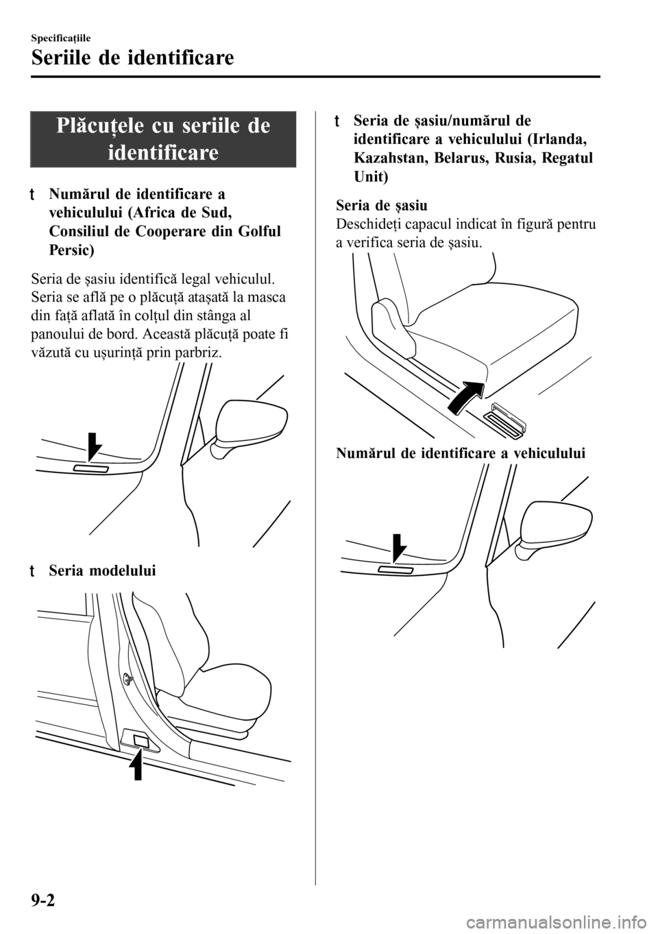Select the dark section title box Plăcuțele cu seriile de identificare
(163, 139)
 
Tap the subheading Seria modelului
(102, 571)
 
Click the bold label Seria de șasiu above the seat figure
(382, 205)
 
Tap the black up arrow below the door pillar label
(138, 765)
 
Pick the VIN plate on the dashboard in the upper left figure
(91, 469)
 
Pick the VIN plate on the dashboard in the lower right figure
(396, 570)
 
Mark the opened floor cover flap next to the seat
(505, 426)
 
